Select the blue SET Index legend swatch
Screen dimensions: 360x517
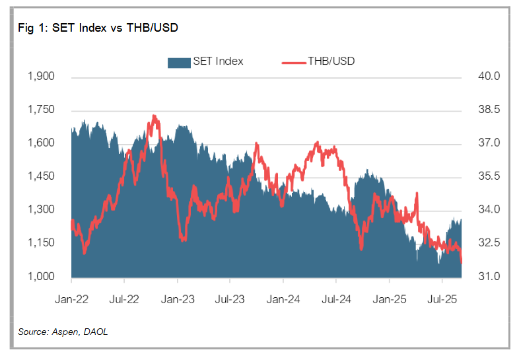[x=178, y=62]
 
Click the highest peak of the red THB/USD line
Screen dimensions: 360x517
[x=154, y=116]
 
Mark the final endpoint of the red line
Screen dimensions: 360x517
[x=461, y=262]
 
